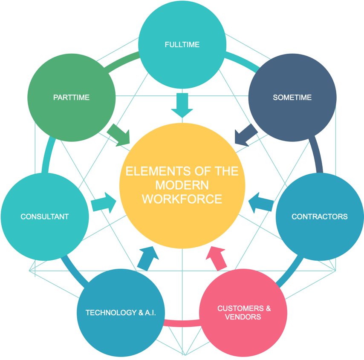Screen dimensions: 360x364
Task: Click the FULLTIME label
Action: coord(182,44)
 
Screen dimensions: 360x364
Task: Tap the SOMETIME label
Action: coord(292,98)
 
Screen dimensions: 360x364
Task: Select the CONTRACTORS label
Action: coord(319,216)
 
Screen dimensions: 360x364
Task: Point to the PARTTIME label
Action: coord(71,98)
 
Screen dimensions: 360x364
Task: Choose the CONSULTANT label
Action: coord(44,216)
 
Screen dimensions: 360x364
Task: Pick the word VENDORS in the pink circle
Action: coord(243,317)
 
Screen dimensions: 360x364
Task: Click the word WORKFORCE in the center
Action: coord(182,199)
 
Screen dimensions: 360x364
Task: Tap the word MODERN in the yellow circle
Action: coord(182,185)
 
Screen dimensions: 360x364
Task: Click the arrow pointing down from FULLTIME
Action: coord(182,105)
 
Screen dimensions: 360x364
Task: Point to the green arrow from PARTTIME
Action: coord(119,135)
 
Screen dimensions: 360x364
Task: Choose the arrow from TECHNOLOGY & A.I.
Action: coord(147,258)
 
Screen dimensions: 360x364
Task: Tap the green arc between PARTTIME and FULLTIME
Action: coord(124,62)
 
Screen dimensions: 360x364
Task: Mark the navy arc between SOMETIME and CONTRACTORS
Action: coord(318,156)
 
